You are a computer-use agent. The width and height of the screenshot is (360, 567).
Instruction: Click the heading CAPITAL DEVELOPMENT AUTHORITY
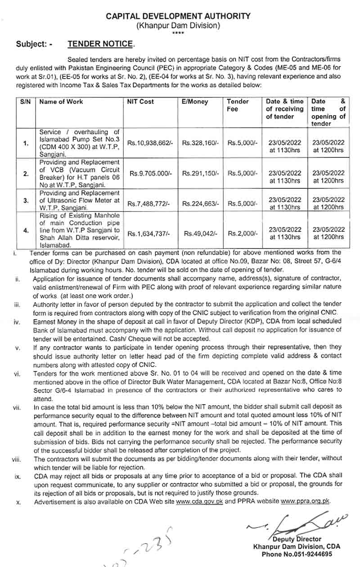click(x=179, y=16)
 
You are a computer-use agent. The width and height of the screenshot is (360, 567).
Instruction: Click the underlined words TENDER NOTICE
click(x=100, y=44)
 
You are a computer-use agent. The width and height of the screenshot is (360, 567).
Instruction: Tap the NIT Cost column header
click(x=140, y=102)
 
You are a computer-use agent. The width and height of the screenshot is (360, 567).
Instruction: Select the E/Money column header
click(x=195, y=102)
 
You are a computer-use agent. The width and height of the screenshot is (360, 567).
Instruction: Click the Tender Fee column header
click(x=238, y=105)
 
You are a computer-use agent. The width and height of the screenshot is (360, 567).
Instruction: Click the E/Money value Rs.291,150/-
click(x=200, y=173)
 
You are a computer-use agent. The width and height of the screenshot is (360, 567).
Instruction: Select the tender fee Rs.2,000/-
click(x=243, y=233)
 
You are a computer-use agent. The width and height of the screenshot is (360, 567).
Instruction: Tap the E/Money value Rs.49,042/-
click(x=200, y=233)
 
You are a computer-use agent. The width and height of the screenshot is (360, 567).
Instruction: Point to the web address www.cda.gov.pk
click(x=200, y=501)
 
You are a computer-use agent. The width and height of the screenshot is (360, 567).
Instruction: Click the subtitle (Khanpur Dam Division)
click(x=179, y=26)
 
